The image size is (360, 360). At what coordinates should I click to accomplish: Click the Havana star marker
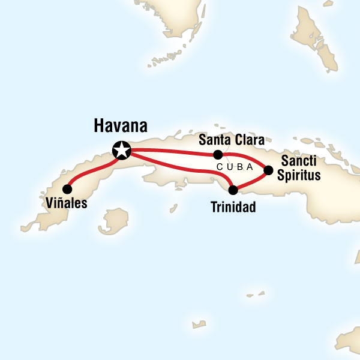pos(122,149)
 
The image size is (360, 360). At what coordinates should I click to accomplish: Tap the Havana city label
pos(121,127)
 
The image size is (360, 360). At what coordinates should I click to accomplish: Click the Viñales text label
pos(67,203)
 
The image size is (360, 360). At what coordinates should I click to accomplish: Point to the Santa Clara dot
pos(218,154)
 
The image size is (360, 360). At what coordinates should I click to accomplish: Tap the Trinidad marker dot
pos(233,190)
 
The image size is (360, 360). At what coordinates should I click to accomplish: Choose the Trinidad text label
pos(233,208)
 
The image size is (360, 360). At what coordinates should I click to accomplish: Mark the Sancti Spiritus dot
pos(268,170)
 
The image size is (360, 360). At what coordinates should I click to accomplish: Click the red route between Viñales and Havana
pos(90,170)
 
